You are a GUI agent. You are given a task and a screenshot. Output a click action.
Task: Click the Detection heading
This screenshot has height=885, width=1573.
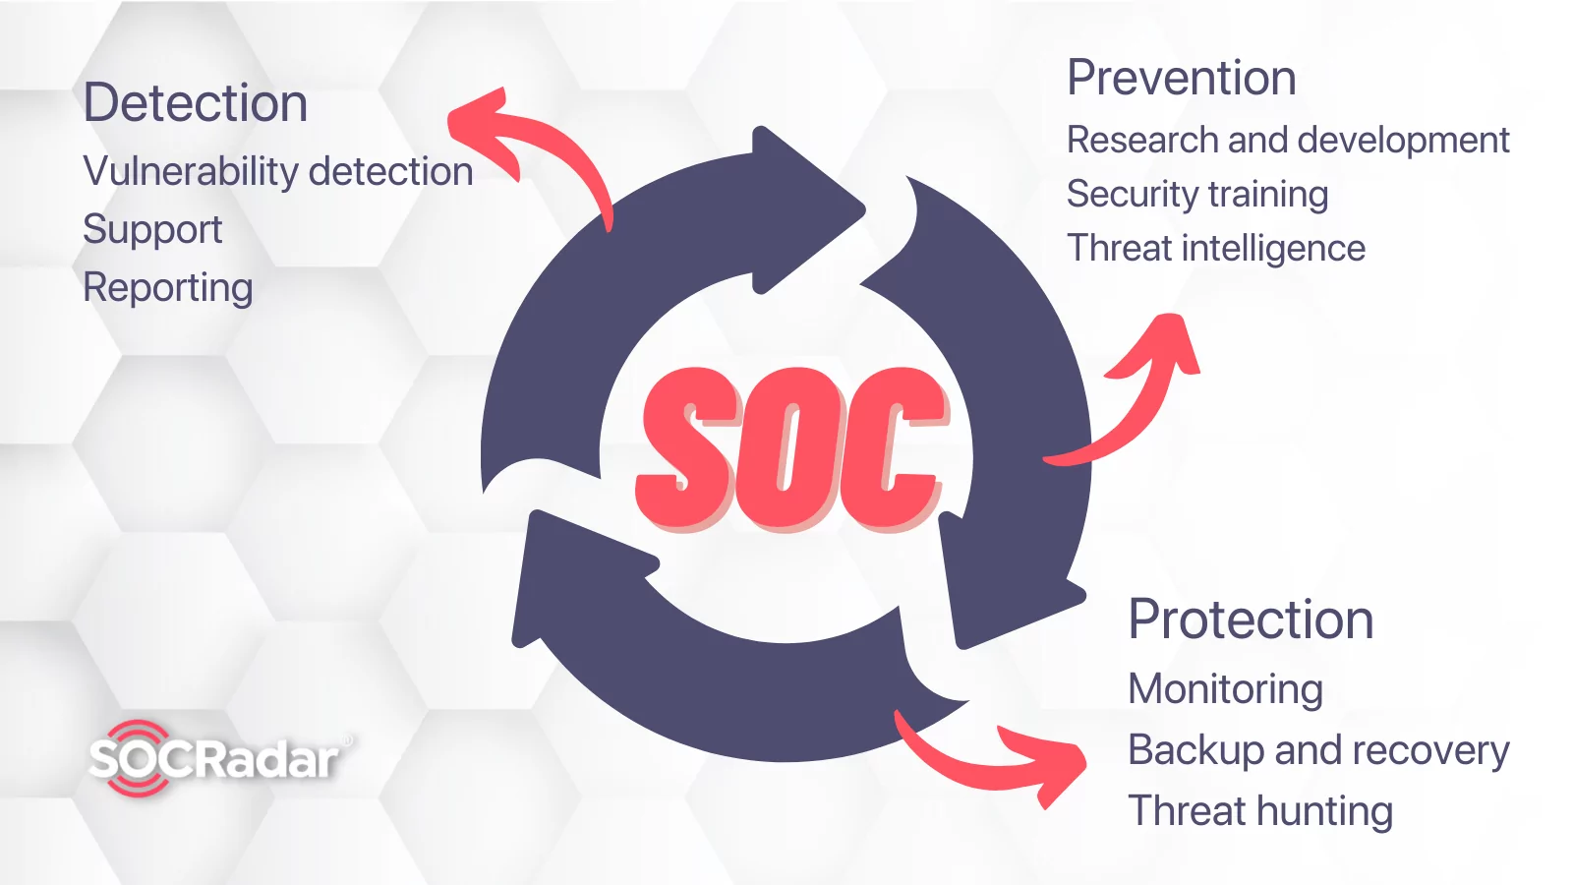(x=196, y=103)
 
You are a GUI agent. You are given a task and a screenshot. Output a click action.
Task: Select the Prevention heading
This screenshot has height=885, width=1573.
(x=1181, y=78)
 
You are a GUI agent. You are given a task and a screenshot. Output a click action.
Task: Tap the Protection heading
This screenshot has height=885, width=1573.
(x=1250, y=619)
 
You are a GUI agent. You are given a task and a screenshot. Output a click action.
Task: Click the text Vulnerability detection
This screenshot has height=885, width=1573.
(x=278, y=172)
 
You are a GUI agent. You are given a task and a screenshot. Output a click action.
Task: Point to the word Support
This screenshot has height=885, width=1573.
(x=152, y=230)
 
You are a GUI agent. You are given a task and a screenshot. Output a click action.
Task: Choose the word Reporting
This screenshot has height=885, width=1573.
(x=168, y=288)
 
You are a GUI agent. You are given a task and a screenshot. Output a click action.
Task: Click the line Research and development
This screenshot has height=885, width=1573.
(x=1288, y=141)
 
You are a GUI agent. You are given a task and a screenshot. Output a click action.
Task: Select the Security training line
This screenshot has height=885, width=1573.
(x=1197, y=195)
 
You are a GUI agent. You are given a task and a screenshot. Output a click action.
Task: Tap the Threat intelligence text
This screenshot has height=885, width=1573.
(x=1215, y=249)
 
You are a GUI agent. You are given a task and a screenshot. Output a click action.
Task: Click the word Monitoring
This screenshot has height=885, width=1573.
(x=1225, y=689)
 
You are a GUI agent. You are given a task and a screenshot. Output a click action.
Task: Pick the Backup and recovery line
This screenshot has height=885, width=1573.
(x=1318, y=750)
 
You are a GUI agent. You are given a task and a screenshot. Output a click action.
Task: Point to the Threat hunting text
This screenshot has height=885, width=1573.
(x=1259, y=811)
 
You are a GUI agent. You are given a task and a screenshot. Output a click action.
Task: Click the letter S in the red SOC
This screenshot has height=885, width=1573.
(x=687, y=449)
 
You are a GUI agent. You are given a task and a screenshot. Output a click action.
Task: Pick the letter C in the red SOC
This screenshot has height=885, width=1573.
(x=892, y=449)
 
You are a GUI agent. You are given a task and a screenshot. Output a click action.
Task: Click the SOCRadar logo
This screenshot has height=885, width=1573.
(x=221, y=758)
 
